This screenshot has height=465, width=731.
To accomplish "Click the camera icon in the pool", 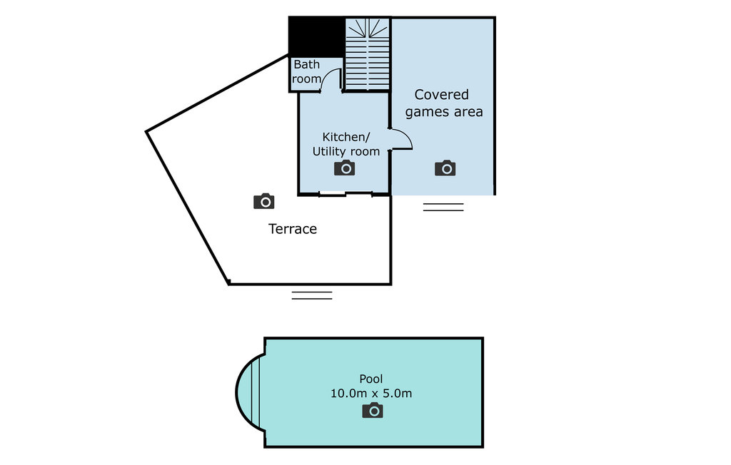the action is pos(373,410).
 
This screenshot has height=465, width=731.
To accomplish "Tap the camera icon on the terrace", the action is pos(264,201).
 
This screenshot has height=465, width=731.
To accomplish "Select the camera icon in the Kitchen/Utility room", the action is pos(345,168).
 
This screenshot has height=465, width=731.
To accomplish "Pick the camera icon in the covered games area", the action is pos(445,168).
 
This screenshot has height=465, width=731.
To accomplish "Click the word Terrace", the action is pos(293,229).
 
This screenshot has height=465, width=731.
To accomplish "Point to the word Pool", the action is pos(371,379).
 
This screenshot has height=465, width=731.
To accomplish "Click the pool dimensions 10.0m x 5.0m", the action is pos(371,393).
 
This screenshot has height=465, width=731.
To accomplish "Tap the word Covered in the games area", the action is pos(441,95).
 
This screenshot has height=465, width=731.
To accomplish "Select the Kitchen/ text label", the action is pos(346,137).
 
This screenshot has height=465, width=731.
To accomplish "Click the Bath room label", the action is pos(307,71).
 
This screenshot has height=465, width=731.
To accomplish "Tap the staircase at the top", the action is pos(368,53).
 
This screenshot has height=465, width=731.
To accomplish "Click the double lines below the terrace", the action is pos(312,295).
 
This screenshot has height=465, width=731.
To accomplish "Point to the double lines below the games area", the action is pos(443,207).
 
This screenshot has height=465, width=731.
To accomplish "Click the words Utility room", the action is pos(346,151).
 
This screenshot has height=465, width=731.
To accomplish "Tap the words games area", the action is pos(444,112).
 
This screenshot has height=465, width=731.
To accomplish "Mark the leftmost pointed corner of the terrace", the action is pos(146,132).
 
